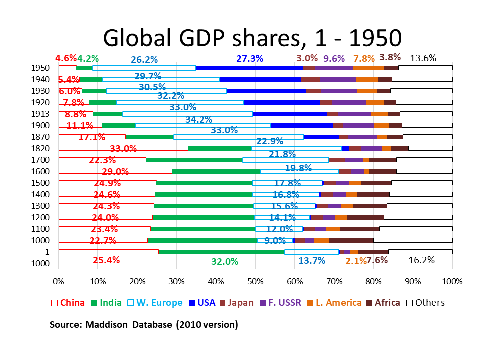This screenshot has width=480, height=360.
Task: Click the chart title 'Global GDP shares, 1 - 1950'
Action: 252,37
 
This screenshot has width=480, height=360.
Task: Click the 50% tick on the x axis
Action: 255,280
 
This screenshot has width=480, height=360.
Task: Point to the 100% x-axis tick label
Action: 452,280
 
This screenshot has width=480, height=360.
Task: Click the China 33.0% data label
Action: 123,149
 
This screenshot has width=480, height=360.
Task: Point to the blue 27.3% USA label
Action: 249,58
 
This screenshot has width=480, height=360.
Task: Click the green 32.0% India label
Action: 225,261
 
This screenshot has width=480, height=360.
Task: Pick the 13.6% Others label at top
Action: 423,58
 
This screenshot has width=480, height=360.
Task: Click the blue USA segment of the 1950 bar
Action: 249,68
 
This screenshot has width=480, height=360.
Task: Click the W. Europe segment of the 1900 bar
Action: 203,125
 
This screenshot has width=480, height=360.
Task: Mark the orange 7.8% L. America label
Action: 364,59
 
